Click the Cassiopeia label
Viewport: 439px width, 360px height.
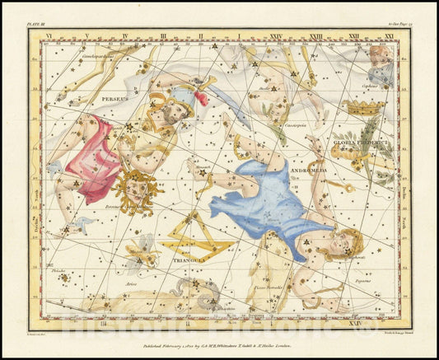[x=296, y=125]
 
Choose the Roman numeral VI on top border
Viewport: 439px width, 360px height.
[x=49, y=35]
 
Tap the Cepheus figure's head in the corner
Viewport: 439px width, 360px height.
[x=381, y=56]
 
